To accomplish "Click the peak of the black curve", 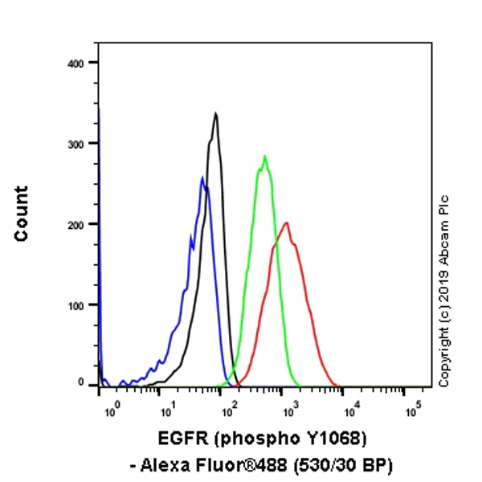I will [x=216, y=113].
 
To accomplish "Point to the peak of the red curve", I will [x=285, y=223].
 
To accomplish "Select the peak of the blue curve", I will [x=202, y=178].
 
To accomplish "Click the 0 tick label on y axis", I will [x=82, y=382].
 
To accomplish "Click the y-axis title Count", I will [x=21, y=213].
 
